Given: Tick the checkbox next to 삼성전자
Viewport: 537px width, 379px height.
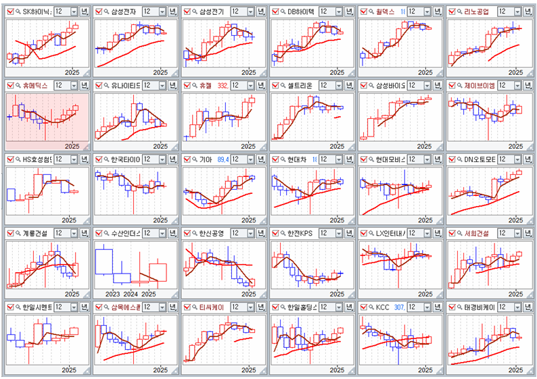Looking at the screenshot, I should pyautogui.click(x=98, y=11).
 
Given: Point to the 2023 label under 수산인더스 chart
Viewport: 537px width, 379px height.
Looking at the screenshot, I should pyautogui.click(x=113, y=294).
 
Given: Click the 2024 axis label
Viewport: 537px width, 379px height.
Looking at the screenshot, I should pyautogui.click(x=131, y=294).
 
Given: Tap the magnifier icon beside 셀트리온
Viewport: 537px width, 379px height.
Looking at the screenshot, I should pyautogui.click(x=283, y=85).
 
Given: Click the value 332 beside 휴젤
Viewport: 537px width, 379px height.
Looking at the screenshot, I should pyautogui.click(x=223, y=85).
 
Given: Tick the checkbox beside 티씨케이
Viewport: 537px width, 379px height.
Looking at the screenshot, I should pyautogui.click(x=187, y=307).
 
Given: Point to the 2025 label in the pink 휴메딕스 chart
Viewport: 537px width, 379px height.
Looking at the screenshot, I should pyautogui.click(x=72, y=146).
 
